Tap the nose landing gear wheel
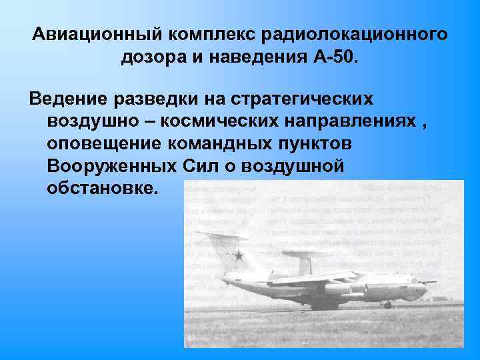click(x=387, y=304)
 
